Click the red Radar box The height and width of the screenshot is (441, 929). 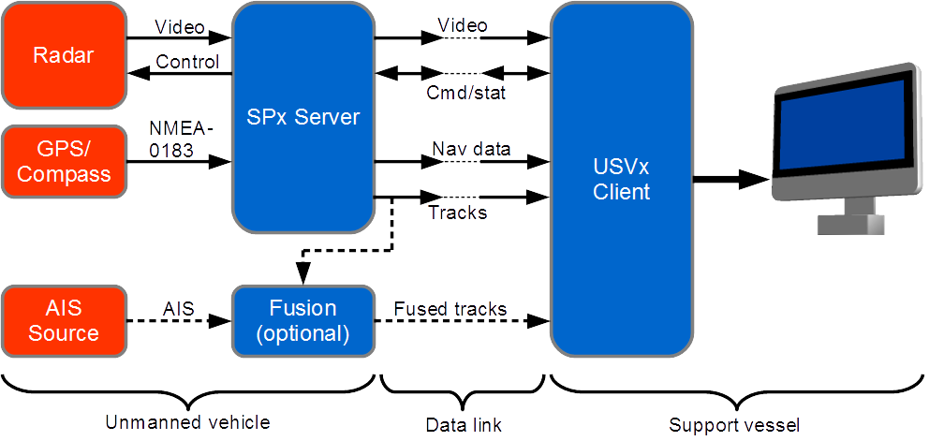[64, 55]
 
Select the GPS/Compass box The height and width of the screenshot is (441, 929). [64, 162]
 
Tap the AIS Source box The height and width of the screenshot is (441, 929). [64, 320]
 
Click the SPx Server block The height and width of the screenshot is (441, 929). [302, 117]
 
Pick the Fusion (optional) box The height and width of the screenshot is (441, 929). [302, 320]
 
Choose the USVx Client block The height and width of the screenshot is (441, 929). [622, 180]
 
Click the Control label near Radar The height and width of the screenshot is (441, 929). [187, 62]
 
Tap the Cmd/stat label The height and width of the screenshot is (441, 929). [465, 93]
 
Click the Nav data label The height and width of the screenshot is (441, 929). [471, 148]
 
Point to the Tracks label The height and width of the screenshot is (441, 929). [457, 212]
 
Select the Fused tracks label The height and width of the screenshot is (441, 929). [450, 309]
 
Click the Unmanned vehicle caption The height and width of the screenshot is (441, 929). [187, 422]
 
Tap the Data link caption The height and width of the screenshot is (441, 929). [464, 424]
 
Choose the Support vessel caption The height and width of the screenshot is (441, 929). [734, 425]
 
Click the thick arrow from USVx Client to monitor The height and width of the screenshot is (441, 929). [731, 179]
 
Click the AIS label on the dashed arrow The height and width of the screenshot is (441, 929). [179, 309]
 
